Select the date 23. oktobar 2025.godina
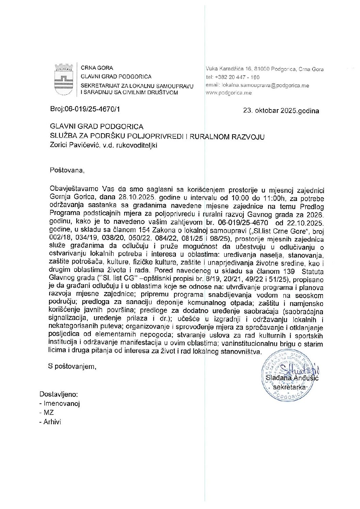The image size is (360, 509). click(x=281, y=111)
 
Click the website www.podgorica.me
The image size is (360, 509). click(x=229, y=93)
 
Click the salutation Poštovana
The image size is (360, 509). click(x=67, y=170)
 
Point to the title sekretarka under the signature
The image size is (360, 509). click(x=289, y=387)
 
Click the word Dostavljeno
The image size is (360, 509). click(x=59, y=394)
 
